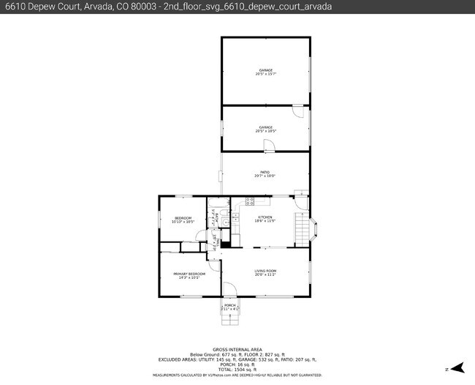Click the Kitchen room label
click(x=264, y=218)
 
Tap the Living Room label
click(x=265, y=272)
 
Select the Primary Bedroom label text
click(x=189, y=275)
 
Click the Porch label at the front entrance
click(x=230, y=307)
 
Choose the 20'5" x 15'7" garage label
click(x=265, y=72)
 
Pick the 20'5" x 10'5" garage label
click(x=265, y=129)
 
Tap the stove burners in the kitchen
click(x=249, y=201)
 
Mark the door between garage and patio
click(x=269, y=146)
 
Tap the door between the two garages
click(x=297, y=111)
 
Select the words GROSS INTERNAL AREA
click(x=237, y=349)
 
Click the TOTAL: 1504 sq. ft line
click(x=237, y=370)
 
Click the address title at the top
click(x=168, y=6)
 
